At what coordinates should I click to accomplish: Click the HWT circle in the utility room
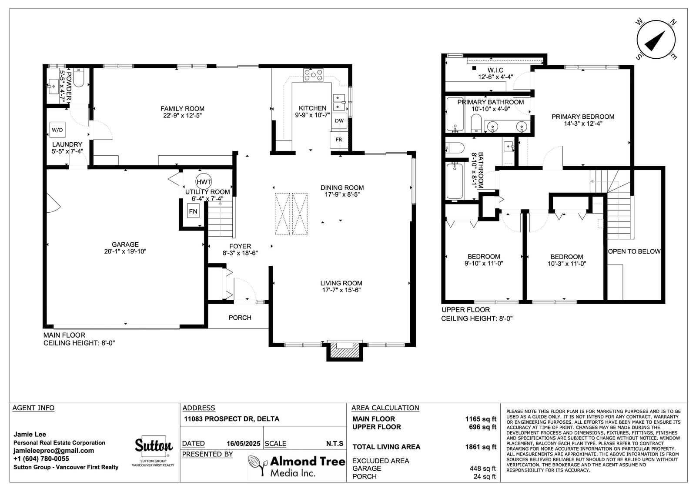click(204, 181)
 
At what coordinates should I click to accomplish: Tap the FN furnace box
click(193, 211)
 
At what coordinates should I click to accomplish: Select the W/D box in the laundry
click(57, 130)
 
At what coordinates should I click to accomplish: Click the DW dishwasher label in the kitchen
click(339, 120)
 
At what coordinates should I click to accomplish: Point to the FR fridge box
click(339, 140)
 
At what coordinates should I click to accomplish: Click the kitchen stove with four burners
click(313, 75)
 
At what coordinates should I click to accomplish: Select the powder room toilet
click(79, 78)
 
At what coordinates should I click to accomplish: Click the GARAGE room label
click(125, 244)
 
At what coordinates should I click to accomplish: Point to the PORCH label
click(240, 318)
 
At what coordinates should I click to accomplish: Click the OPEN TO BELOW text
click(634, 251)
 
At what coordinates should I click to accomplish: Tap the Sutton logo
click(154, 446)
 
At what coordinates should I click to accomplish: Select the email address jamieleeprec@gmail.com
click(54, 451)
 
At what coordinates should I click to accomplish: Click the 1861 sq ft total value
click(481, 447)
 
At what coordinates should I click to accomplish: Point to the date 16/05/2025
click(243, 444)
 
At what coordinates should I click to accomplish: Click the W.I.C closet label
click(495, 70)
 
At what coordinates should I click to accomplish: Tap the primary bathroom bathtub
click(455, 114)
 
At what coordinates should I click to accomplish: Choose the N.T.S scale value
click(335, 444)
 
